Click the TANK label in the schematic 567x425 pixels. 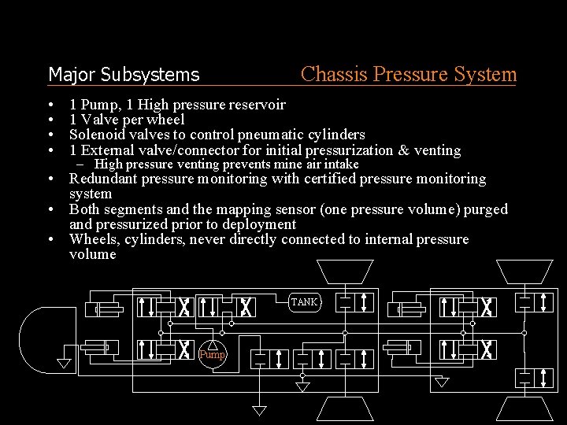(x=304, y=302)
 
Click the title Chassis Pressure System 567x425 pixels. (x=409, y=75)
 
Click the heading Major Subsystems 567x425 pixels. (x=124, y=75)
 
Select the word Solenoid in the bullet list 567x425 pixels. (x=95, y=135)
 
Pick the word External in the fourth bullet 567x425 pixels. (x=107, y=150)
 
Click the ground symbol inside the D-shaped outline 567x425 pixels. (x=65, y=364)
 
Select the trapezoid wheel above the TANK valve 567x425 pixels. (x=345, y=272)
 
